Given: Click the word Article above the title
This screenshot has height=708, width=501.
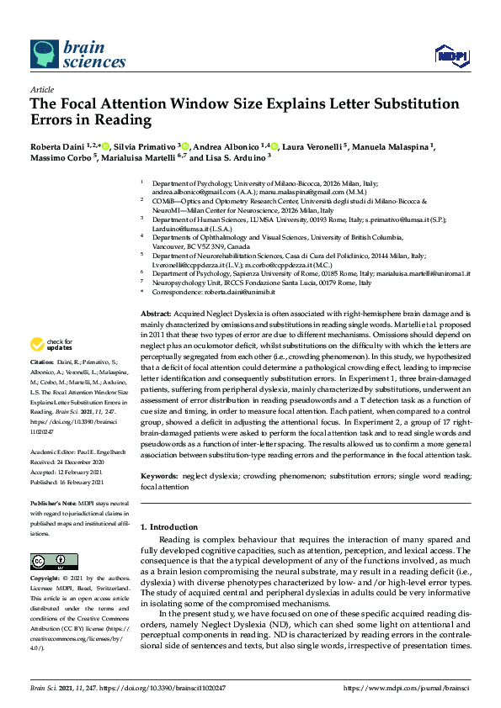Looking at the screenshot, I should (x=41, y=88).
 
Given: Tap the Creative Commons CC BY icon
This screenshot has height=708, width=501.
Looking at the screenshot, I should (x=49, y=561).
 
